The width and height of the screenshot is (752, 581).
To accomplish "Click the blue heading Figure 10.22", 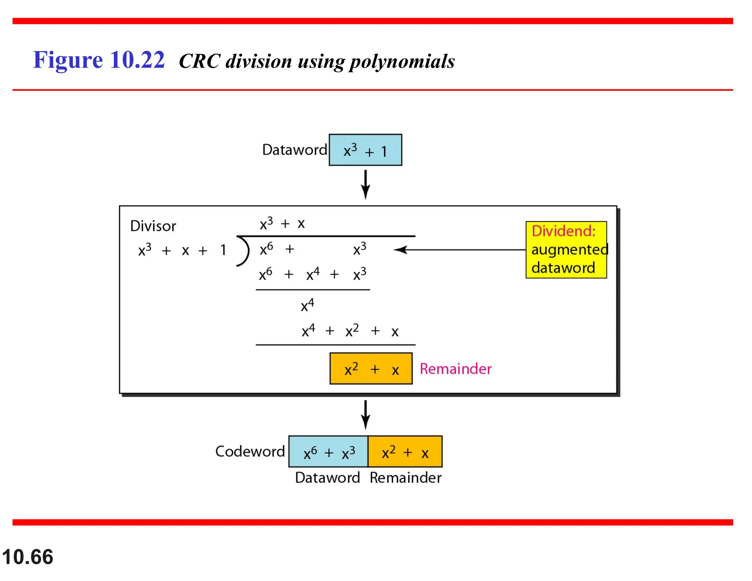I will click(x=99, y=60).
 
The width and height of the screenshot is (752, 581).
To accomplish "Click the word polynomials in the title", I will click(x=402, y=61).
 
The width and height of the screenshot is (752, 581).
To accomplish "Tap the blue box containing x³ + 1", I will click(x=365, y=150).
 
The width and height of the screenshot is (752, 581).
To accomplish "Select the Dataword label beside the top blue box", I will click(x=294, y=150).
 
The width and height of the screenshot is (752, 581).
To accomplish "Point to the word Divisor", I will click(x=153, y=226).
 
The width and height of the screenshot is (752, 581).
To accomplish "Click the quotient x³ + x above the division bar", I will click(x=282, y=223).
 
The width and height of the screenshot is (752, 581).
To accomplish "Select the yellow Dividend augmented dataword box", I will click(x=566, y=250).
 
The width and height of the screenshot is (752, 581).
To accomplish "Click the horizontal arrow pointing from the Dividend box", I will click(x=459, y=250).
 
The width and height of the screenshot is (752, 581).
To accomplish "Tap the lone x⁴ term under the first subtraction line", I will click(x=307, y=305).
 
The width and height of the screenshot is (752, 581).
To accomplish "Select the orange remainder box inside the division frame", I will click(x=371, y=369).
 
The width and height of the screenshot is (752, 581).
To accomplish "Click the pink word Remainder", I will click(x=455, y=369).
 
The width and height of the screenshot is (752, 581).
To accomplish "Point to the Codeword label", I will click(x=250, y=451).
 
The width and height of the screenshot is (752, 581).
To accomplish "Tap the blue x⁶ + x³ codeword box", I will click(x=328, y=452).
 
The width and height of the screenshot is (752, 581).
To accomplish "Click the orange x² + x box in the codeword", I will click(x=405, y=452).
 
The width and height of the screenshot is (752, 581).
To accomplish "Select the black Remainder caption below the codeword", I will click(x=405, y=478).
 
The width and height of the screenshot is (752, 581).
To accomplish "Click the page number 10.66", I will click(x=28, y=557).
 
